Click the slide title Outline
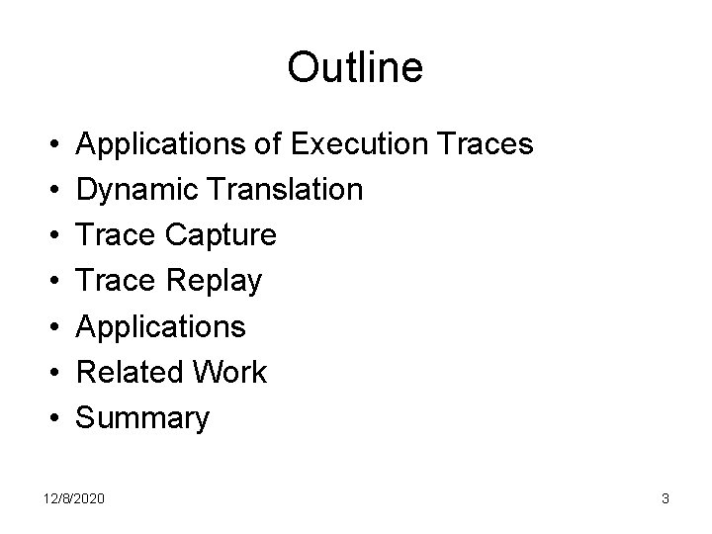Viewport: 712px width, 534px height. [355, 67]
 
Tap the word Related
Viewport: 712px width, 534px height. [132, 373]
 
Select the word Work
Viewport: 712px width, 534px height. [232, 373]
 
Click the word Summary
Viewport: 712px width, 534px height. [142, 419]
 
